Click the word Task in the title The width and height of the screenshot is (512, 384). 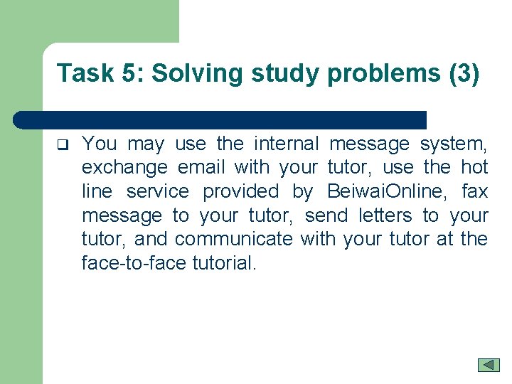pos(79,73)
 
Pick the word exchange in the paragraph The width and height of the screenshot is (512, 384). pos(124,168)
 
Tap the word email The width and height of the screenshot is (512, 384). pos(201,168)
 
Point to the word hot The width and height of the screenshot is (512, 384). pos(475,168)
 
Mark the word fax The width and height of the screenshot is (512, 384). pos(475,191)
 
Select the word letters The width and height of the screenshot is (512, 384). pos(385,215)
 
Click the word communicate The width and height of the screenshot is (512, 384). pos(233,239)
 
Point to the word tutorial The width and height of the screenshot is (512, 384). pos(223,263)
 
